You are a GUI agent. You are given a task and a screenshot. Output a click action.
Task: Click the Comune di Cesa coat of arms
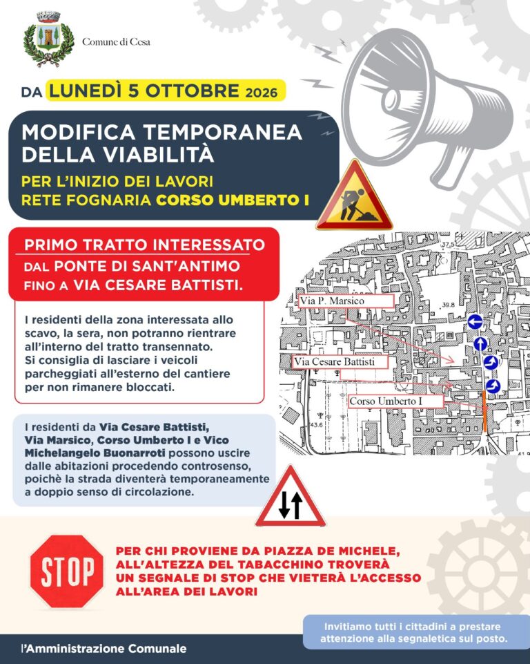pos(48,39)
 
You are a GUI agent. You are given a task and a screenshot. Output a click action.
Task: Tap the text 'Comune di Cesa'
pos(116,42)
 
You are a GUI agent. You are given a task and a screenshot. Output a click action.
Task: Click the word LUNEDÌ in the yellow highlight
pos(86,91)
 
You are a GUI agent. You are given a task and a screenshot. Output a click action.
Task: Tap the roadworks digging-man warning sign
pos(354,197)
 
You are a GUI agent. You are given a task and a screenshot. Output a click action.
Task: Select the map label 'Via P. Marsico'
pos(332,301)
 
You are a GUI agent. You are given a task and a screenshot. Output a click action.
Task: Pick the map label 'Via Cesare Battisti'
pos(335,361)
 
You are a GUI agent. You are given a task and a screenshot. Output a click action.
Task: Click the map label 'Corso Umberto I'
pos(386,401)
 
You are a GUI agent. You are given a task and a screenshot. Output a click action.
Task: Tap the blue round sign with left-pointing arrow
pos(475,322)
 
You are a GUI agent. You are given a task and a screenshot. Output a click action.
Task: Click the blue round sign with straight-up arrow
pos(480,343)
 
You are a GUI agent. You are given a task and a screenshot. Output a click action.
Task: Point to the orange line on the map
pos(484,411)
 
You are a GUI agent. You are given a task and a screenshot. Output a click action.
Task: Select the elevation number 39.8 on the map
pos(449,305)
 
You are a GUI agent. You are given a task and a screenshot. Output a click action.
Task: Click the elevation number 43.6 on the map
pos(317,424)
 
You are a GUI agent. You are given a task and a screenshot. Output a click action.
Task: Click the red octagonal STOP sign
pos(67,571)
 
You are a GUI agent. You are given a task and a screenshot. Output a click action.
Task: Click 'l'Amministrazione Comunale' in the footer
pos(104,649)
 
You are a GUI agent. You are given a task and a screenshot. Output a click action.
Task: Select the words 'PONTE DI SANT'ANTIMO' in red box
pos(147,267)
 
